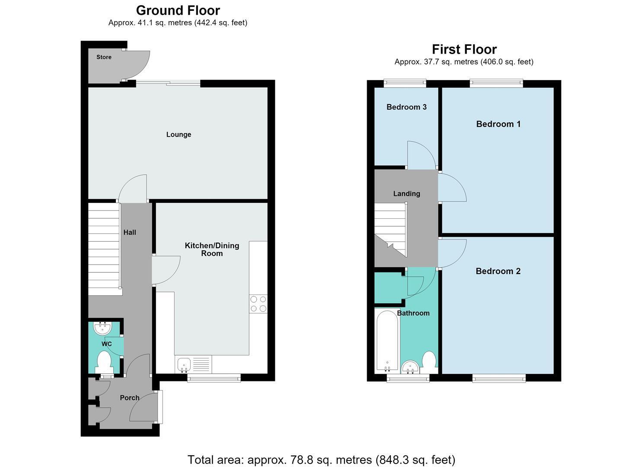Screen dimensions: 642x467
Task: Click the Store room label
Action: tap(104, 57)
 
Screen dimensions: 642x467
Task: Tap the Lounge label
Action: tap(179, 134)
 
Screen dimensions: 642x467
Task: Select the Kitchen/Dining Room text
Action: tap(212, 249)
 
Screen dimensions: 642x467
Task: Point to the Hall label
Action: tap(130, 232)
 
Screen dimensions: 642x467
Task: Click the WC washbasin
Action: tap(103, 329)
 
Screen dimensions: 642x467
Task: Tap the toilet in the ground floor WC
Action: tap(104, 363)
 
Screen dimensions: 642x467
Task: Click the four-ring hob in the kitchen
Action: tap(258, 304)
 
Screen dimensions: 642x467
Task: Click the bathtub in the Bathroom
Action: tap(387, 341)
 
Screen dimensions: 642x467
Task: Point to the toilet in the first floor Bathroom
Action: tap(429, 362)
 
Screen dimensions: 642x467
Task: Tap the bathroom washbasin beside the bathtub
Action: tap(410, 367)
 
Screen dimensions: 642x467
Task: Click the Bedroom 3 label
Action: tap(406, 107)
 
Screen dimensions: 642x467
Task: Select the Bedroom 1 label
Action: tap(498, 124)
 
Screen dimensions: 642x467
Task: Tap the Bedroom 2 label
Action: tap(498, 271)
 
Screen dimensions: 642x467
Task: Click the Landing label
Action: tap(406, 194)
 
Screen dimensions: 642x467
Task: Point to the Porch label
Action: tap(130, 398)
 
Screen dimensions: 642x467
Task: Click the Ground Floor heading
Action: tap(178, 10)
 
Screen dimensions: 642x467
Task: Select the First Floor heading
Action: tap(464, 49)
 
